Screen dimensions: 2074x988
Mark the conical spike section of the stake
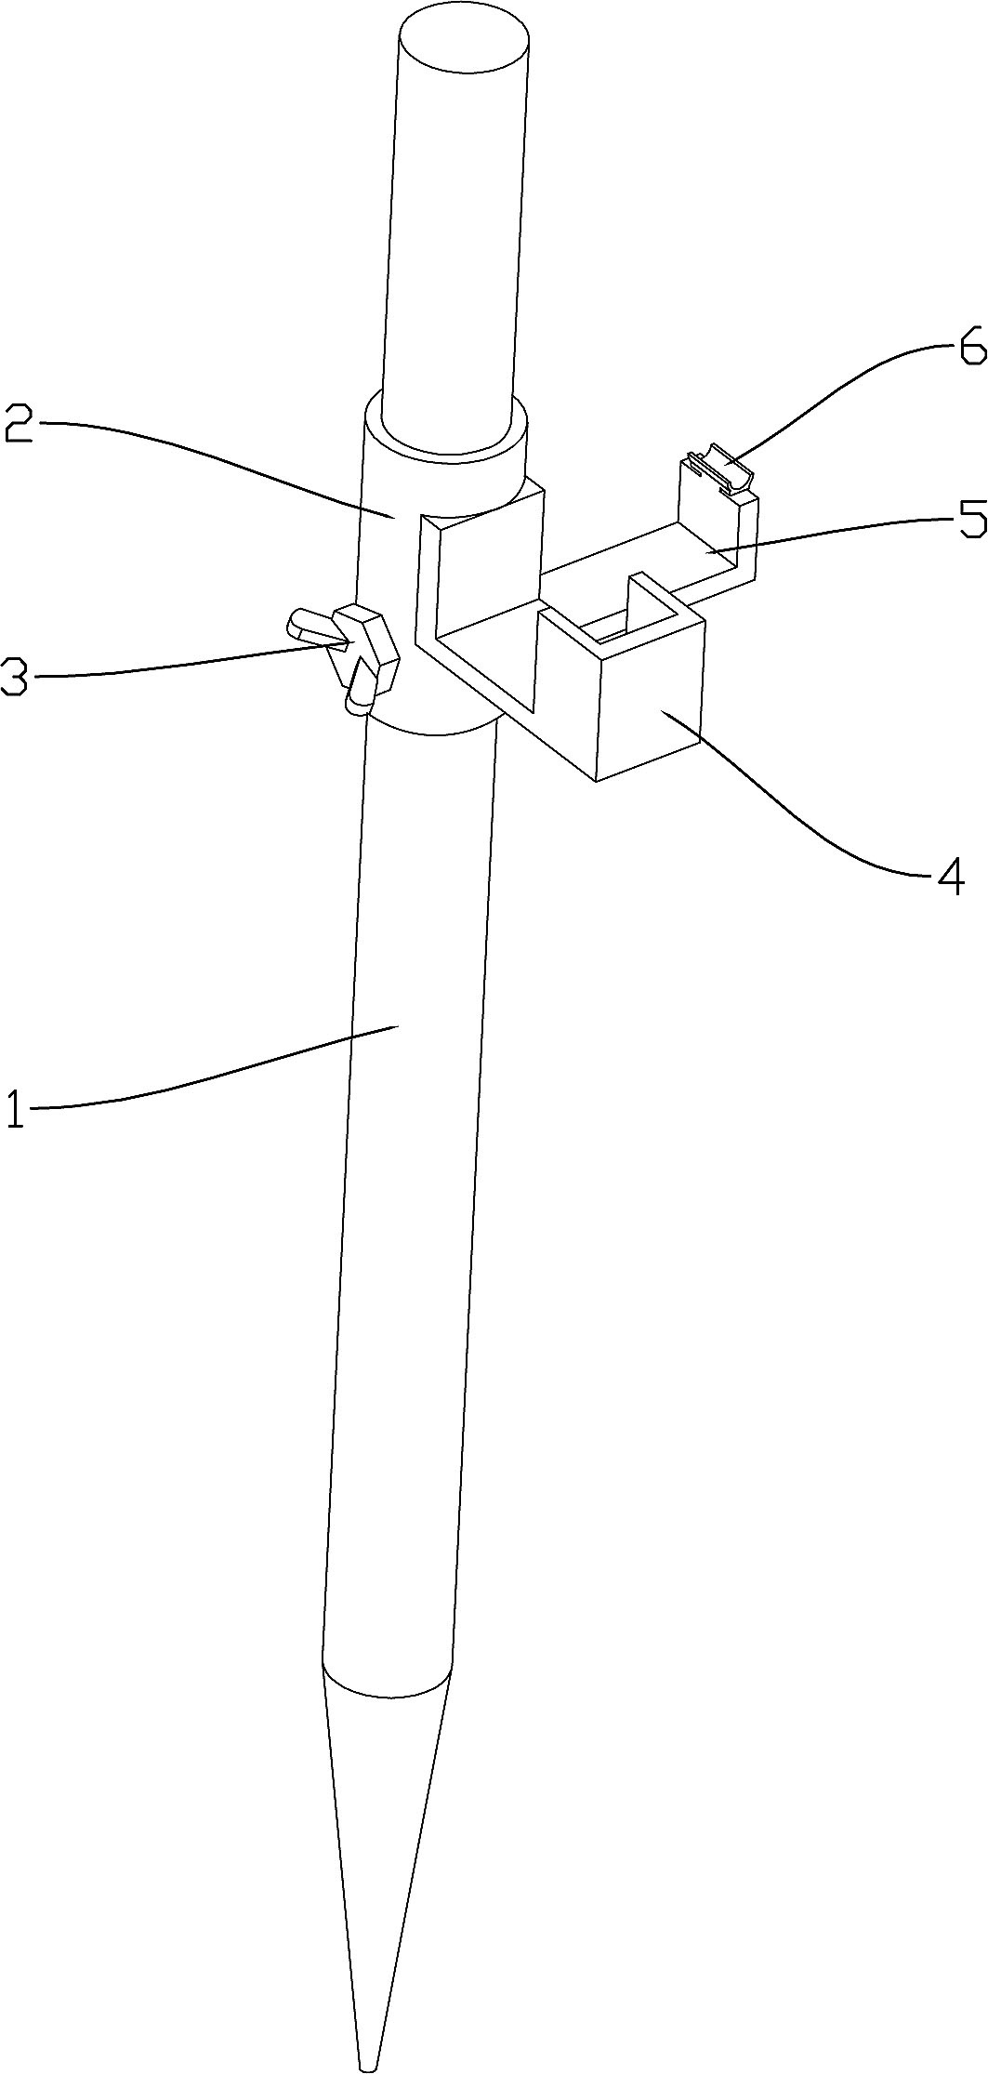[381, 1822]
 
